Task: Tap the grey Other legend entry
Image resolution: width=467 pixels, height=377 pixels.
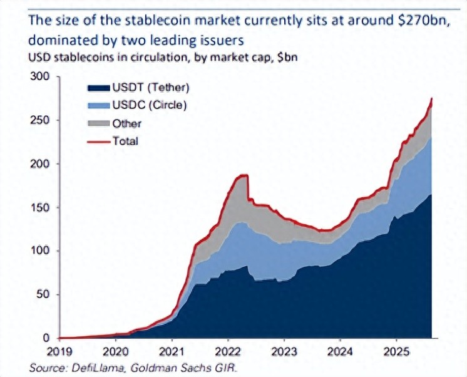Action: [127, 123]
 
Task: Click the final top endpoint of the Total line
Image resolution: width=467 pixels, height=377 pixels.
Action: [432, 99]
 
